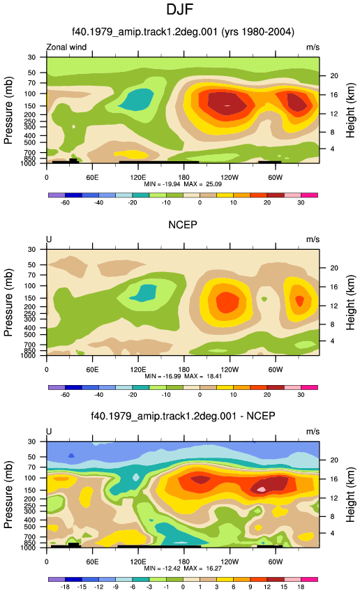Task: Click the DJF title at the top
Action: pyautogui.click(x=180, y=9)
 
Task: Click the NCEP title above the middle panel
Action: pyautogui.click(x=183, y=225)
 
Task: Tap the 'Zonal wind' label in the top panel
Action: pyautogui.click(x=66, y=47)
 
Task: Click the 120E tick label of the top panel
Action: pyautogui.click(x=138, y=177)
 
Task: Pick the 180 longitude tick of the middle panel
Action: pyautogui.click(x=183, y=370)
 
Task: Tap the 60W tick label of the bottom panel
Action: pyautogui.click(x=276, y=562)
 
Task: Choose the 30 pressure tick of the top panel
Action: pyautogui.click(x=31, y=57)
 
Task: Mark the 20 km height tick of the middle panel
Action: pyautogui.click(x=334, y=268)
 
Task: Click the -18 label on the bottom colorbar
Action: pyautogui.click(x=65, y=587)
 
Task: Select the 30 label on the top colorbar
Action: pyautogui.click(x=301, y=203)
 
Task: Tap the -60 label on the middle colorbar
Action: pyautogui.click(x=65, y=395)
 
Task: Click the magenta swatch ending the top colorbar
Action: pyautogui.click(x=309, y=195)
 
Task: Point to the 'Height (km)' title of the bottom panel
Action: pyautogui.click(x=350, y=493)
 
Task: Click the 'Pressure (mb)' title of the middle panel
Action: pyautogui.click(x=8, y=303)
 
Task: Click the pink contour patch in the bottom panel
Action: pyautogui.click(x=261, y=489)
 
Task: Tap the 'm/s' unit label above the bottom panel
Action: pyautogui.click(x=313, y=432)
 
